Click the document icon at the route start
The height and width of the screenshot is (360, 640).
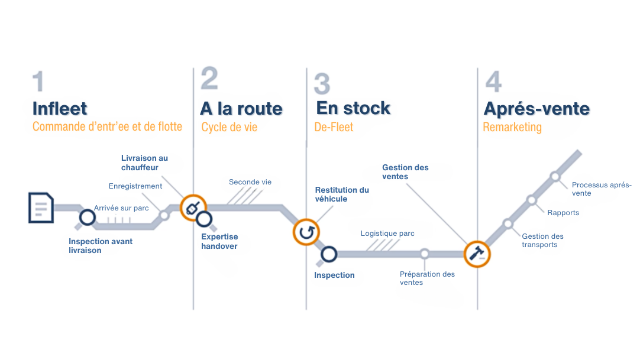pyautogui.click(x=41, y=207)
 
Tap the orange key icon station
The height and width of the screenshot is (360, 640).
pyautogui.click(x=192, y=207)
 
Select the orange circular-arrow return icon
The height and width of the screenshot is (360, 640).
pyautogui.click(x=306, y=232)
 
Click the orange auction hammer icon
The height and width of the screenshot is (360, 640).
pyautogui.click(x=476, y=254)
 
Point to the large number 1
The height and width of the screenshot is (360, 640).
pyautogui.click(x=38, y=82)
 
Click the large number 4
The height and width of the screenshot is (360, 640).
pyautogui.click(x=493, y=82)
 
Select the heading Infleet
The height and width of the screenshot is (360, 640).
pyautogui.click(x=60, y=109)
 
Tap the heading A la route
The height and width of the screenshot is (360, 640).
pyautogui.click(x=241, y=109)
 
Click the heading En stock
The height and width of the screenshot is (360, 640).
pyautogui.click(x=353, y=108)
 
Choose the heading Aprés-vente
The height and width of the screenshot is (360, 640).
pyautogui.click(x=536, y=109)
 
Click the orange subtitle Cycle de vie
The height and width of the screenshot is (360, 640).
pyautogui.click(x=230, y=127)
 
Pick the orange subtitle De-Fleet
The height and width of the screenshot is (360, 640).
pyautogui.click(x=334, y=127)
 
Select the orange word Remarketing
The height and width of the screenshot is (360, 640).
pyautogui.click(x=512, y=127)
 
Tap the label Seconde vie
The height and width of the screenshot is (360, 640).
pyautogui.click(x=250, y=182)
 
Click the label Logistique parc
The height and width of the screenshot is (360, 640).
pyautogui.click(x=387, y=233)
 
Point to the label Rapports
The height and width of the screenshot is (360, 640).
pyautogui.click(x=563, y=213)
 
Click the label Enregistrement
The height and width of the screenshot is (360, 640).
pyautogui.click(x=135, y=186)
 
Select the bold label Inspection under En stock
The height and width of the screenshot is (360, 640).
pyautogui.click(x=334, y=275)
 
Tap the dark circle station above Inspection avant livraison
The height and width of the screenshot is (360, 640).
pyautogui.click(x=88, y=218)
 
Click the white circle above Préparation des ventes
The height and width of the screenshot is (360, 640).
pyautogui.click(x=424, y=254)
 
